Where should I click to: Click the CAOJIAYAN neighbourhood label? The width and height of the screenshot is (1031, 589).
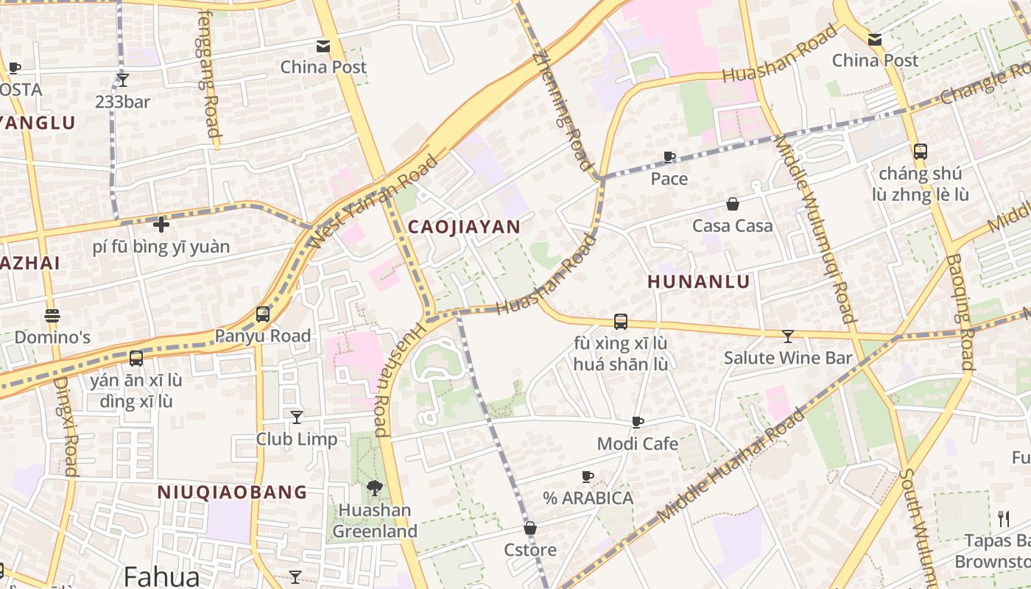click(x=464, y=227)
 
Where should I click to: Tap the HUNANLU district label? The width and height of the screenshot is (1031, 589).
click(x=699, y=281)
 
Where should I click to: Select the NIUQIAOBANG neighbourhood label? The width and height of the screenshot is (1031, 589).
click(x=232, y=492)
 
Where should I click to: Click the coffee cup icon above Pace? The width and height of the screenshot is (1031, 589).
click(x=669, y=157)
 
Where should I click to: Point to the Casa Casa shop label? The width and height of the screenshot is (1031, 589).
click(x=733, y=225)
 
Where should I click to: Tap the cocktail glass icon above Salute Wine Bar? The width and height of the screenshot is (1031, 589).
click(x=788, y=336)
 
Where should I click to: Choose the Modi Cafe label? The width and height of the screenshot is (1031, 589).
click(x=637, y=443)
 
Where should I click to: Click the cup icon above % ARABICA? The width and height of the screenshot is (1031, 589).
click(x=588, y=476)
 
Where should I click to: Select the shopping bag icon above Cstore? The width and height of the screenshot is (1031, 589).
click(x=530, y=528)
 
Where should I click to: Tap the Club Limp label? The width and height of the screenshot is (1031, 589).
click(x=297, y=439)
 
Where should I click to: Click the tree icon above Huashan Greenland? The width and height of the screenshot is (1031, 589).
click(x=375, y=487)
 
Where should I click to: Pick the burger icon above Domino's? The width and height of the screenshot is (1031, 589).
click(x=52, y=316)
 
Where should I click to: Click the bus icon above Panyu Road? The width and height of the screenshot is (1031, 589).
click(x=263, y=314)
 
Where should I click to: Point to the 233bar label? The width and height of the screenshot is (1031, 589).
click(x=122, y=102)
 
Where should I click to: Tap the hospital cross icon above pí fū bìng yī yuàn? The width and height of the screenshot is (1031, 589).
click(x=161, y=224)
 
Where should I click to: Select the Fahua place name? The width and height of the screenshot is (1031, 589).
click(x=161, y=576)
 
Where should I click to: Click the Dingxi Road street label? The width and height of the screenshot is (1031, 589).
click(x=67, y=427)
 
